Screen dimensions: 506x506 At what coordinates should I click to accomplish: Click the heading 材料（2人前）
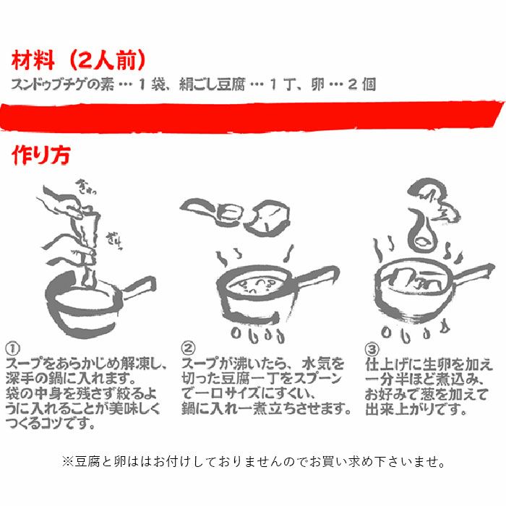(x=80, y=60)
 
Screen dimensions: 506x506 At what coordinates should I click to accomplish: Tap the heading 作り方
(x=40, y=156)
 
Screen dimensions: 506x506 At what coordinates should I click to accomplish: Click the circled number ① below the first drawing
(x=12, y=347)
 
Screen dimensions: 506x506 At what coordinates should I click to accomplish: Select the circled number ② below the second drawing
(x=189, y=347)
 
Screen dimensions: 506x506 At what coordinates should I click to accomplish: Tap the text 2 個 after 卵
(x=361, y=84)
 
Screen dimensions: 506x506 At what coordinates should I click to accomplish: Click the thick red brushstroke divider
(x=253, y=116)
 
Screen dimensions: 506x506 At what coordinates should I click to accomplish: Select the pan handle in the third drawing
(x=473, y=275)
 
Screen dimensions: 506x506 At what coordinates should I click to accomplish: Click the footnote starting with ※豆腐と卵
(x=253, y=460)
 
